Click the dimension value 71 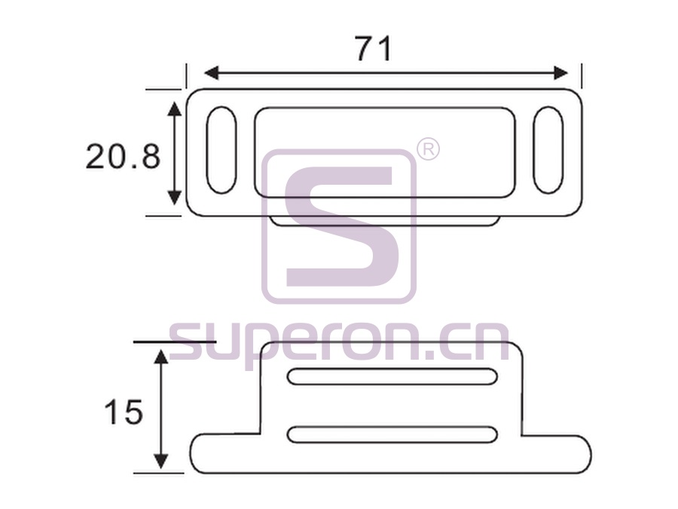pyautogui.click(x=374, y=48)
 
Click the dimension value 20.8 pyautogui.click(x=124, y=156)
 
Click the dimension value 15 pyautogui.click(x=124, y=412)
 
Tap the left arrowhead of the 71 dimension pyautogui.click(x=211, y=73)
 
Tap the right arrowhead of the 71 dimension pyautogui.click(x=560, y=73)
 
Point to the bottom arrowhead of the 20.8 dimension pyautogui.click(x=174, y=198)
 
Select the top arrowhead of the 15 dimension pyautogui.click(x=161, y=357)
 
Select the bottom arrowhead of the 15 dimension pyautogui.click(x=161, y=461)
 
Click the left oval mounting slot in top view pyautogui.click(x=221, y=150)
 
